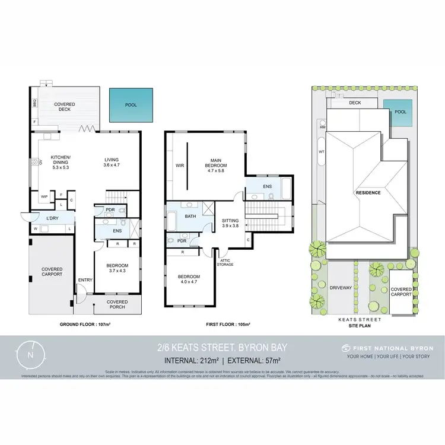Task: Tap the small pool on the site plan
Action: [x=401, y=112]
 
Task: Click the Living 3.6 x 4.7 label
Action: [x=112, y=163]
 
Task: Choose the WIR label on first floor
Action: [x=179, y=166]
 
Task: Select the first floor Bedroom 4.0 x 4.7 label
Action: [x=188, y=280]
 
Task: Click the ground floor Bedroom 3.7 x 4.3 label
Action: [x=117, y=268]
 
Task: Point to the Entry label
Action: [x=85, y=280]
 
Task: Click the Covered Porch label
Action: [x=117, y=304]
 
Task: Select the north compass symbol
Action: [x=30, y=355]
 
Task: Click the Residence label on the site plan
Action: [x=367, y=193]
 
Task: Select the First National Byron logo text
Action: [x=388, y=348]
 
